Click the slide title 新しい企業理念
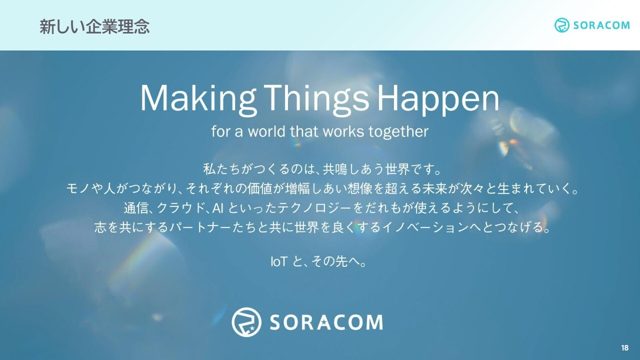point(94,27)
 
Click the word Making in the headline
point(197,99)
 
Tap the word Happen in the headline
point(438,99)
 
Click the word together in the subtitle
point(398,132)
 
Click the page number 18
point(625,347)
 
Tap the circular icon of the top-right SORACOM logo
point(561,25)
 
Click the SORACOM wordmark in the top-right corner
point(601,25)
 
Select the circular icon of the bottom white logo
point(246,322)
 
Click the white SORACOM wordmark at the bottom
point(326,322)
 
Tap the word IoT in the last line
point(278,261)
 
